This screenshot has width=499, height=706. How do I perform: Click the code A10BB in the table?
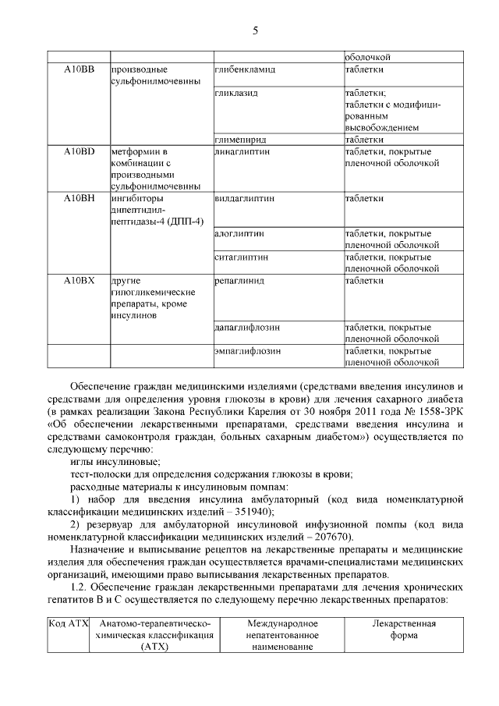79,69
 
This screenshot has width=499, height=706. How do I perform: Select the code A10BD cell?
79,151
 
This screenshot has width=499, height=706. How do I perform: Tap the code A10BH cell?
79,198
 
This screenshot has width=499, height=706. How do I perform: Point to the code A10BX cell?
79,280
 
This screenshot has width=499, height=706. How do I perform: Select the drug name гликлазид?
236,93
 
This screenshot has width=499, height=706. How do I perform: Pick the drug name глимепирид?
240,140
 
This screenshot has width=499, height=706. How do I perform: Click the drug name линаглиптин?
242,151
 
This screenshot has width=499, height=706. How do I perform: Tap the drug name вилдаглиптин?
244,198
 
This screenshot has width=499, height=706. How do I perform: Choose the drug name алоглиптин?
239,233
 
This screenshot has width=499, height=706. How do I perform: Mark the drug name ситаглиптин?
241,257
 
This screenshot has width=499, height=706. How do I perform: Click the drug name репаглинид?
239,280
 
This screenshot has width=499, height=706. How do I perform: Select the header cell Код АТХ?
68,624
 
